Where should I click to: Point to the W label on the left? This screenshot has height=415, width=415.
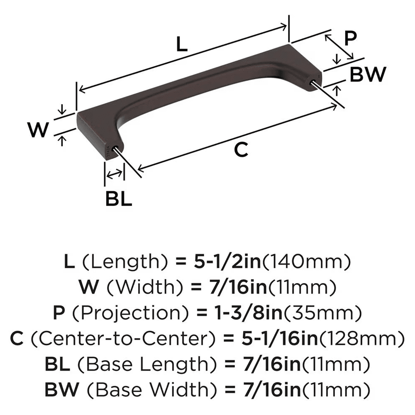pyautogui.click(x=39, y=130)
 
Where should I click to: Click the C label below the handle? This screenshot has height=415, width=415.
pyautogui.click(x=241, y=150)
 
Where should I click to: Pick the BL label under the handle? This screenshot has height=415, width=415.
pyautogui.click(x=118, y=200)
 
